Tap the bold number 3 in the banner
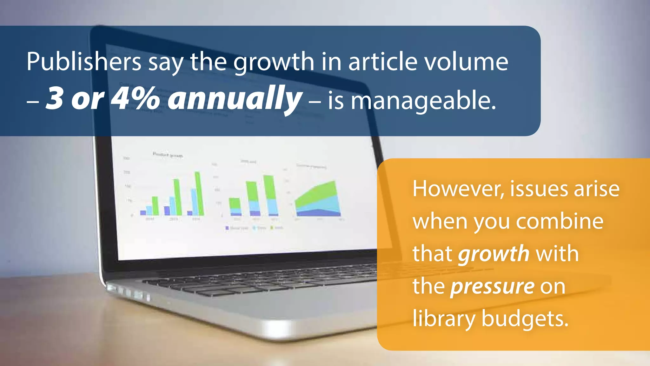[x=54, y=99]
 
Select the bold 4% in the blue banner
[x=136, y=99]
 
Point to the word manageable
[x=423, y=101]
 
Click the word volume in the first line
[x=467, y=62]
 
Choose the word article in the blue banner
[x=383, y=62]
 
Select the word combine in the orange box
[x=560, y=221]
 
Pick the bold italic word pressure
[x=492, y=287]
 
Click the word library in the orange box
[x=444, y=319]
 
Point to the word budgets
[x=525, y=319]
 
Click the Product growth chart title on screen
[x=168, y=155]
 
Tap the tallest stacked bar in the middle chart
[x=270, y=195]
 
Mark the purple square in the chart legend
[x=227, y=228]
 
